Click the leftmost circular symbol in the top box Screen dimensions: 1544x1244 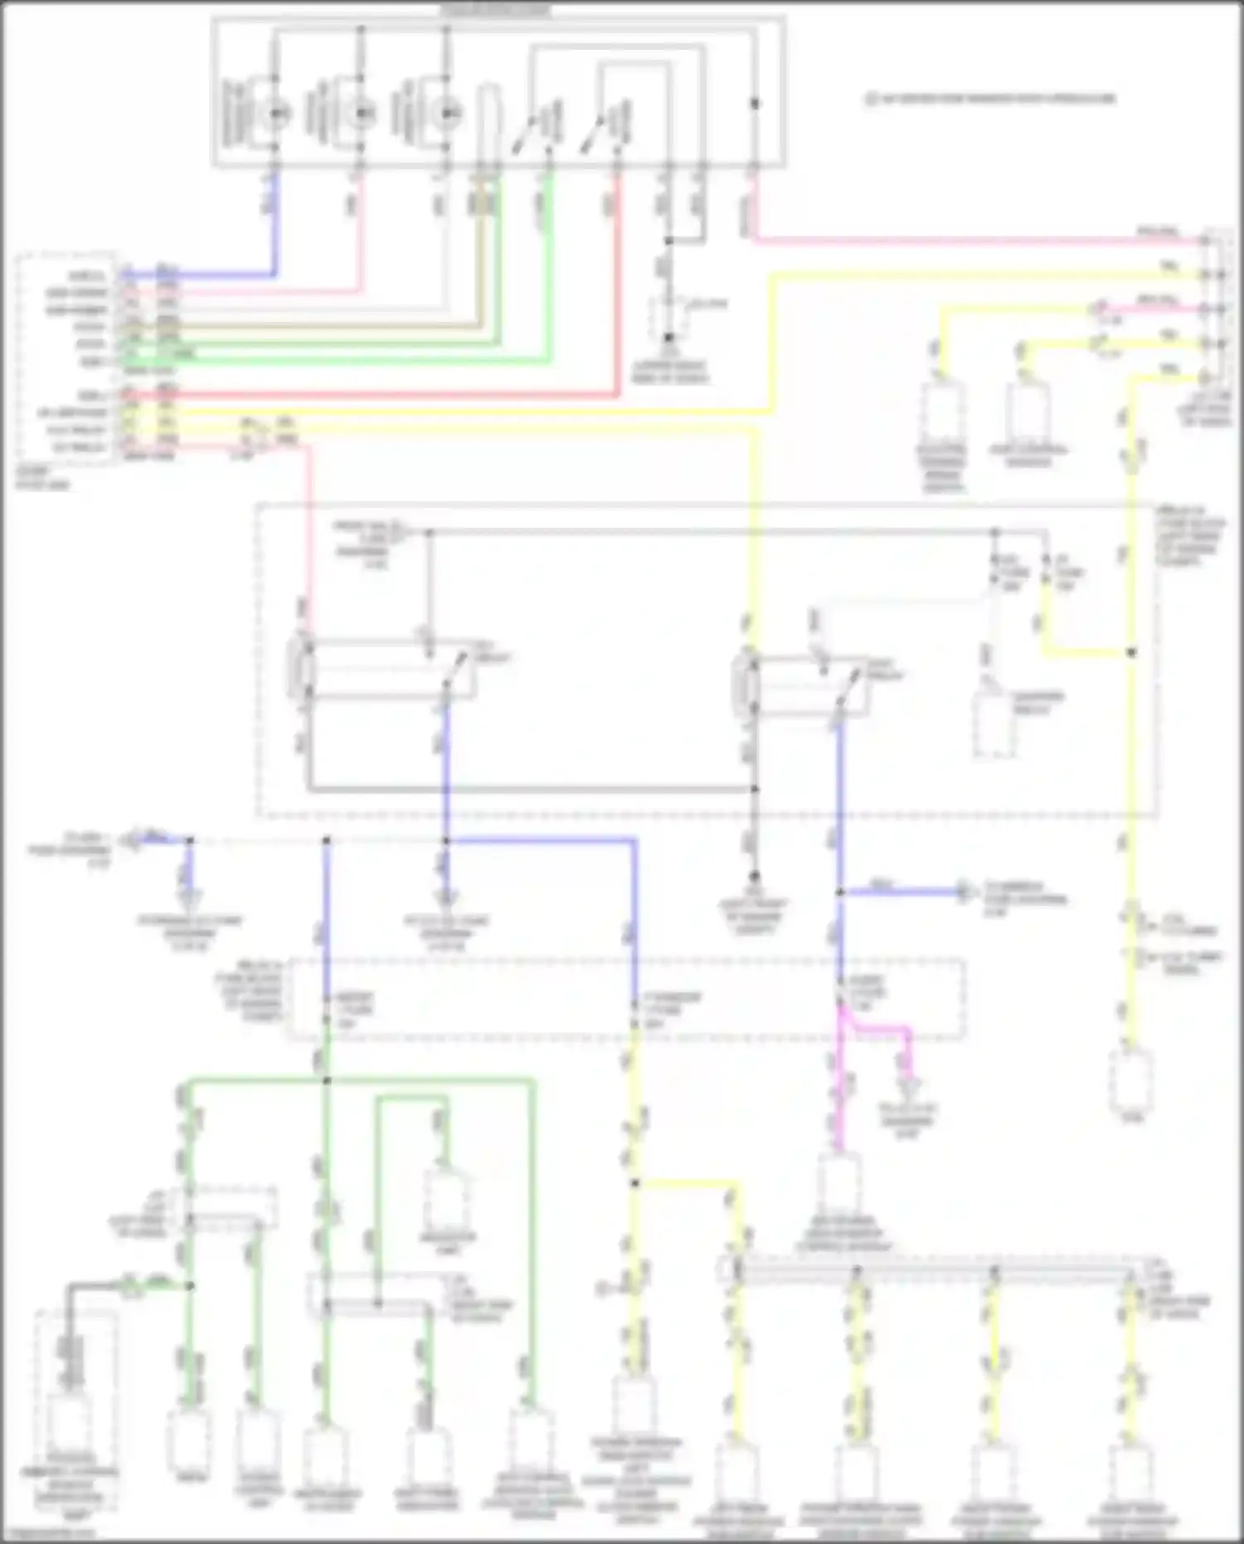click(275, 112)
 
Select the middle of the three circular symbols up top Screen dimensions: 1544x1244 click(360, 112)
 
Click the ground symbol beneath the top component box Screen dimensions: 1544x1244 click(668, 339)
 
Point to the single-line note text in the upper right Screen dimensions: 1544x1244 click(990, 99)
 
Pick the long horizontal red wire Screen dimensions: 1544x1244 click(373, 396)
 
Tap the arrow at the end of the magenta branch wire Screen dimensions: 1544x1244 click(907, 1084)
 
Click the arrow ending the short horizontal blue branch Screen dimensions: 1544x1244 click(964, 892)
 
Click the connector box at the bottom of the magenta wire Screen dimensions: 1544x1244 click(840, 1182)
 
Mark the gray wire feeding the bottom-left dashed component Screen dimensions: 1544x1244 click(91, 1287)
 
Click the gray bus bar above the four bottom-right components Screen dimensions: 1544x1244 click(929, 1269)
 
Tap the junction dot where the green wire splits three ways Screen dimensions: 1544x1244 click(326, 1080)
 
